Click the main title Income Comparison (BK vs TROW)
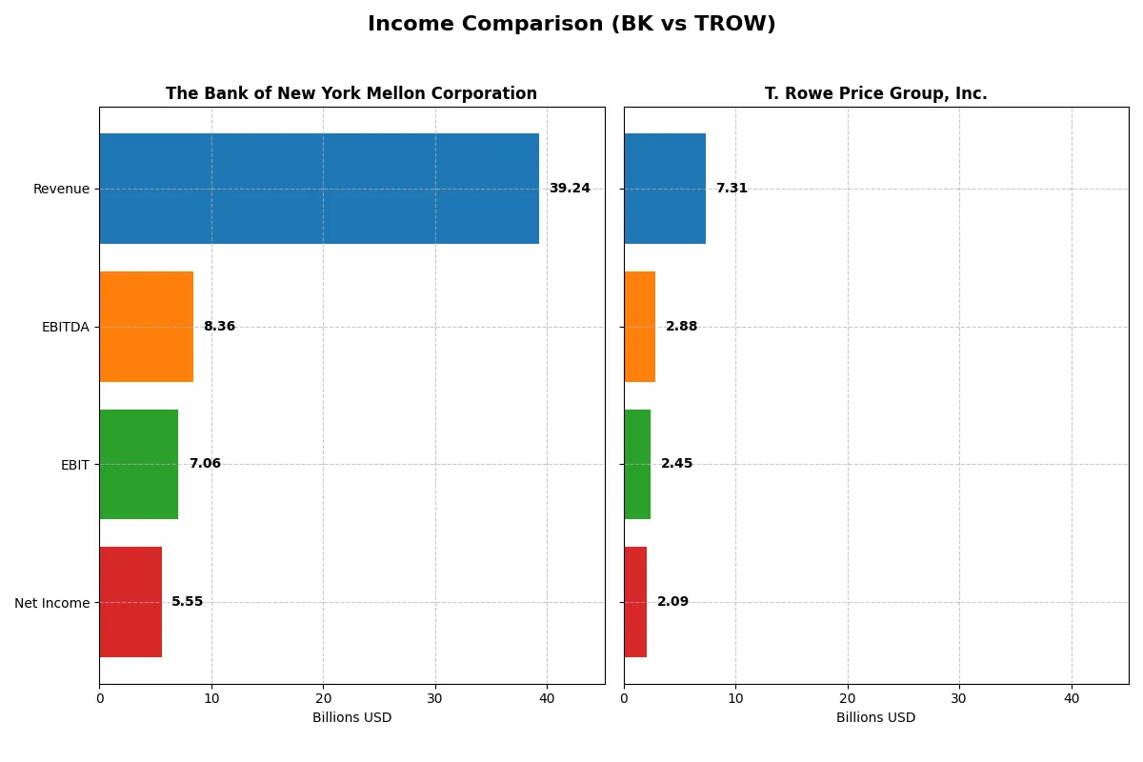(x=571, y=24)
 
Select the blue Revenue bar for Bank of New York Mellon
(x=319, y=189)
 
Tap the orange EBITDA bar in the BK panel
(x=147, y=327)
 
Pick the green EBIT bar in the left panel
(x=139, y=464)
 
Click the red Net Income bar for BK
(x=130, y=602)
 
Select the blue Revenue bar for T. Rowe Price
(x=665, y=189)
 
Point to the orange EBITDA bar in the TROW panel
(x=640, y=327)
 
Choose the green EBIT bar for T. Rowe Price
(x=637, y=464)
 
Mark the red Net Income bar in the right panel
(x=635, y=602)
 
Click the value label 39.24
(x=570, y=189)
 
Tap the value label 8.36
(x=219, y=327)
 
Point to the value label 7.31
(x=732, y=189)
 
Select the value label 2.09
(x=672, y=602)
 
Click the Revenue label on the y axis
(x=61, y=189)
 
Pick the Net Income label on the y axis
(x=52, y=603)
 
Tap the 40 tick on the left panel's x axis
(x=547, y=698)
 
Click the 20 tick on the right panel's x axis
(x=848, y=698)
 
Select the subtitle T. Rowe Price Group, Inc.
(x=875, y=93)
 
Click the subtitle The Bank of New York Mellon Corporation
(x=351, y=93)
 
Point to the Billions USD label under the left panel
(x=351, y=717)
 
